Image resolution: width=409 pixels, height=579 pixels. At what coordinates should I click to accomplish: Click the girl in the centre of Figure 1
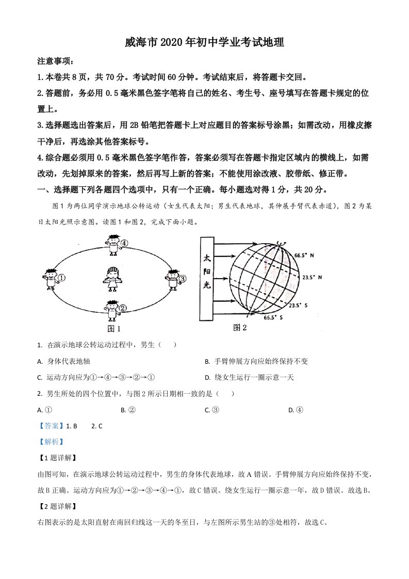(x=112, y=279)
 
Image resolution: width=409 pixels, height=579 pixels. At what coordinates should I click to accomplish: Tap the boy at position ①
(x=50, y=279)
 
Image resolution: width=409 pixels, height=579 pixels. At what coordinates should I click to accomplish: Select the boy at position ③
(x=172, y=279)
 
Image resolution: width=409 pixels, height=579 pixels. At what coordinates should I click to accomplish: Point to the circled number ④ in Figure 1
(x=124, y=243)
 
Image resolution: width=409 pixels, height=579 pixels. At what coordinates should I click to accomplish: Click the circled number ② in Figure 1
(x=123, y=309)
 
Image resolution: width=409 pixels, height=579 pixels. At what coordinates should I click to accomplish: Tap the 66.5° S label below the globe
(x=273, y=318)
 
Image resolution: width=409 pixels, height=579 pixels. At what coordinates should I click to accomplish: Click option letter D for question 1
(x=207, y=377)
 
